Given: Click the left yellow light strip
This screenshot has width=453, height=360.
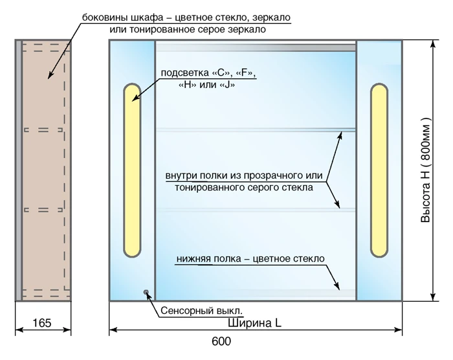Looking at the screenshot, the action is pyautogui.click(x=132, y=170).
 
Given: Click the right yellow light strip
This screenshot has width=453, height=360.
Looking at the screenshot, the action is pyautogui.click(x=379, y=170).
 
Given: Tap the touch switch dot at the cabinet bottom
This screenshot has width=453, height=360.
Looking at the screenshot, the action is pyautogui.click(x=146, y=292).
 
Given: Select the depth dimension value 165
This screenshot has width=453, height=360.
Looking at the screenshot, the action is pyautogui.click(x=42, y=323).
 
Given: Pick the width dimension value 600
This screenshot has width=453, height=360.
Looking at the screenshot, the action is pyautogui.click(x=221, y=341).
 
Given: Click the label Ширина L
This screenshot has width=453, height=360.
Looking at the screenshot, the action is pyautogui.click(x=254, y=323).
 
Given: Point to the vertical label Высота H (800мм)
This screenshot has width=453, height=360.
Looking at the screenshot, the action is pyautogui.click(x=425, y=170).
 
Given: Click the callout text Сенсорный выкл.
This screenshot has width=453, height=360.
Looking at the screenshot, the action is pyautogui.click(x=201, y=311).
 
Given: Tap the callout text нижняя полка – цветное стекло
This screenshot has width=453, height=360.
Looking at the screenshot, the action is pyautogui.click(x=250, y=258).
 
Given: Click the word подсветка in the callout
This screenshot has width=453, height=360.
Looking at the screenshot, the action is pyautogui.click(x=185, y=73).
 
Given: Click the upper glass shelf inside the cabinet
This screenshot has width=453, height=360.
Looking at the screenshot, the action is pyautogui.click(x=256, y=130).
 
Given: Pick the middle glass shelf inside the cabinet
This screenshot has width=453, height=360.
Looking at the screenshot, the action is pyautogui.click(x=256, y=210).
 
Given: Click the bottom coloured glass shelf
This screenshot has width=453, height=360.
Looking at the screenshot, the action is pyautogui.click(x=256, y=293).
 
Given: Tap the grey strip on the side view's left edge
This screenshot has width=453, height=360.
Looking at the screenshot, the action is pyautogui.click(x=19, y=170).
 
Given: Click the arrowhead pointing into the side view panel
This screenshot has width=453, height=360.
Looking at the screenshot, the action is pyautogui.click(x=50, y=76).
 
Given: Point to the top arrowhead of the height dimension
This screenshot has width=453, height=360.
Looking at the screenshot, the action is pyautogui.click(x=433, y=44).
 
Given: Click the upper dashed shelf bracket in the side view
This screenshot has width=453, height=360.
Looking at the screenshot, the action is pyautogui.click(x=43, y=130).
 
